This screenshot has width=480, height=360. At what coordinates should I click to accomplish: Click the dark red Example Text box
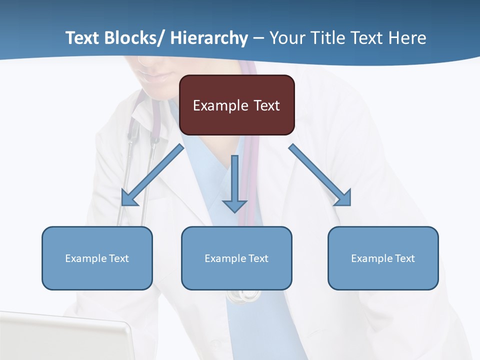point(236,105)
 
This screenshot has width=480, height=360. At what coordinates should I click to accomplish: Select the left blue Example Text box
point(97,258)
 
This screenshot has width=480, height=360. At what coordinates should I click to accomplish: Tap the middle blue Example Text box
point(236,258)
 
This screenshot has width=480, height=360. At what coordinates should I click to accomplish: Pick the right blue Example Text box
point(383,258)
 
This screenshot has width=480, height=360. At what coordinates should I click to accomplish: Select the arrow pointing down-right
point(320,175)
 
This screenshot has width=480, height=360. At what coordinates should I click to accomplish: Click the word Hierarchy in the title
point(209,38)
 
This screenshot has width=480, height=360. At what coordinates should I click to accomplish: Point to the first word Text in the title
point(83,38)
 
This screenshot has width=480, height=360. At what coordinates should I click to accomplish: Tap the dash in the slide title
point(258,38)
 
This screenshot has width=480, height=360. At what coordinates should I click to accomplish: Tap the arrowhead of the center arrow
point(235,205)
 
